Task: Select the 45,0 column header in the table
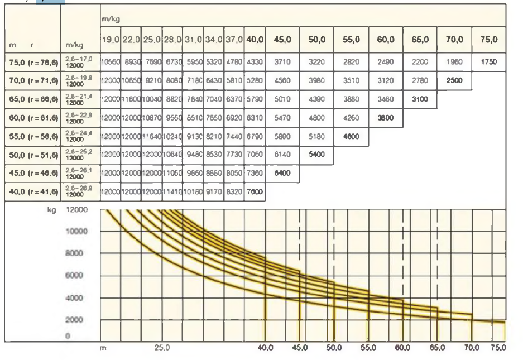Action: click(x=282, y=40)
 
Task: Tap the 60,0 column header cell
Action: click(x=386, y=40)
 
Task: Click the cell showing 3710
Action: click(x=282, y=62)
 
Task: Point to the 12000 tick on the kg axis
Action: click(x=76, y=210)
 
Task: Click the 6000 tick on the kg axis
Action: click(x=76, y=276)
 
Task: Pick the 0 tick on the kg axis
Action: click(x=68, y=336)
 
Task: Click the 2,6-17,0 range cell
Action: click(x=79, y=62)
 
